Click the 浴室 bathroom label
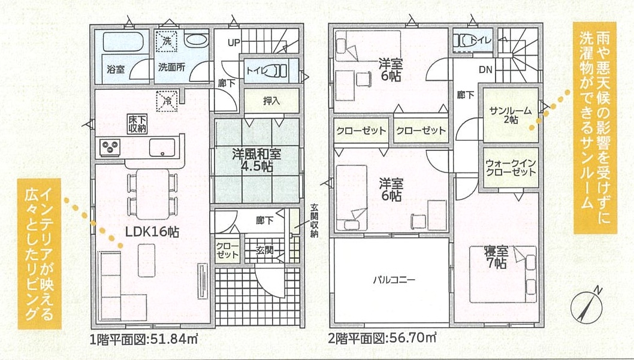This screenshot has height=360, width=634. pos(116,69)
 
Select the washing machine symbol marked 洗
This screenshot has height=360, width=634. pos(167,41)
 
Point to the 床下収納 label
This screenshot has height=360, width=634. pos(137,124)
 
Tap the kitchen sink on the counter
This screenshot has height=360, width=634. pos(162,147)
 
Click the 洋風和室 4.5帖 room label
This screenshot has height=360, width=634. pos(256,159)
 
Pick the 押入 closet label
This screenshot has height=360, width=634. pos(271,101)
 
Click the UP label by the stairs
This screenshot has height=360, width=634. pos(234,43)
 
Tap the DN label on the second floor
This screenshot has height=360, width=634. pos(485,69)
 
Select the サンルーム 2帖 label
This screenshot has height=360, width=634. pos(511,115)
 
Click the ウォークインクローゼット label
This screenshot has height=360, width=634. pos(511,167)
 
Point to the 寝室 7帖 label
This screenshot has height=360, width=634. pos(496,257)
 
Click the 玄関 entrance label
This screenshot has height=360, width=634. pos(265,250)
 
